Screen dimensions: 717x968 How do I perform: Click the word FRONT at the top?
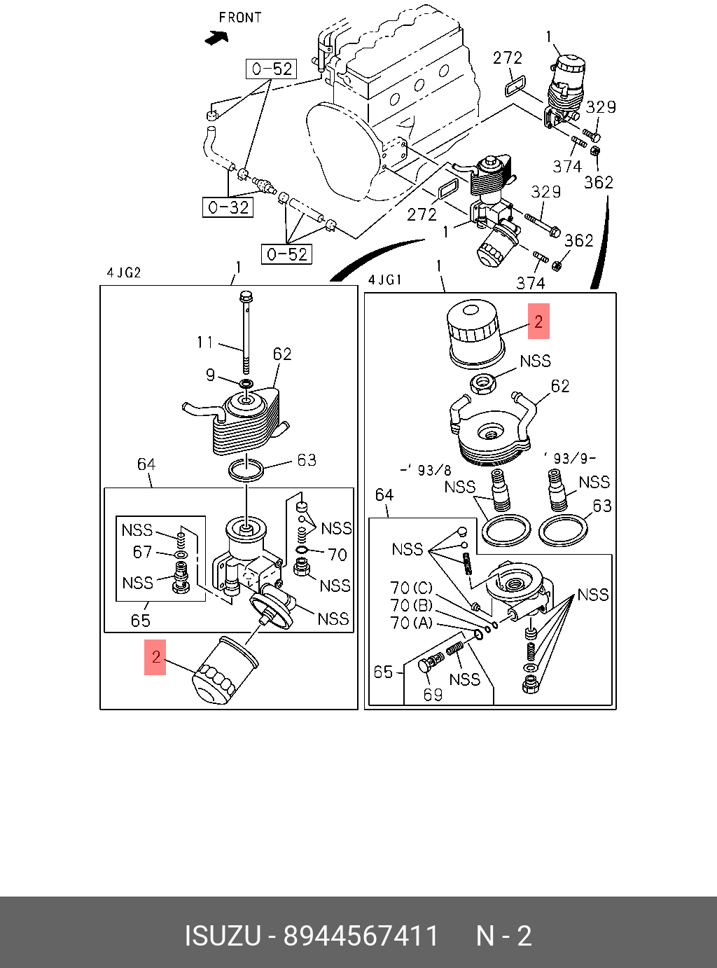click(x=240, y=18)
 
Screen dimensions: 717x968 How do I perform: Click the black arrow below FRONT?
click(x=216, y=38)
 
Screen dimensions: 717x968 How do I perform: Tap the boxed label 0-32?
click(x=228, y=207)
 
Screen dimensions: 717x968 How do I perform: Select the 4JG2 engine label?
click(x=124, y=272)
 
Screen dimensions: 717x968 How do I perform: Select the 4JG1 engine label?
click(x=385, y=279)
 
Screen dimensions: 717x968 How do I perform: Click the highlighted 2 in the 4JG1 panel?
click(x=538, y=321)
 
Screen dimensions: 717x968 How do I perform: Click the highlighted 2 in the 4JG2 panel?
click(x=155, y=657)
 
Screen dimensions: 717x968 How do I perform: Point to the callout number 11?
click(x=205, y=342)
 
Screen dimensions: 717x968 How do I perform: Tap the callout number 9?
click(x=210, y=375)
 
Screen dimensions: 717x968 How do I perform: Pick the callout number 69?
click(x=433, y=695)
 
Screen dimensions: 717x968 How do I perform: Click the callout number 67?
click(x=143, y=552)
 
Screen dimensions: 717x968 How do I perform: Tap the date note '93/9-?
click(x=569, y=458)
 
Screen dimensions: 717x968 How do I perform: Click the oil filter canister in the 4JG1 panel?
click(x=475, y=333)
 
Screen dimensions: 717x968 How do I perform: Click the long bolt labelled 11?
click(x=246, y=332)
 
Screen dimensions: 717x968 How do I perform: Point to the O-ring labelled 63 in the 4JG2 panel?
click(x=246, y=470)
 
